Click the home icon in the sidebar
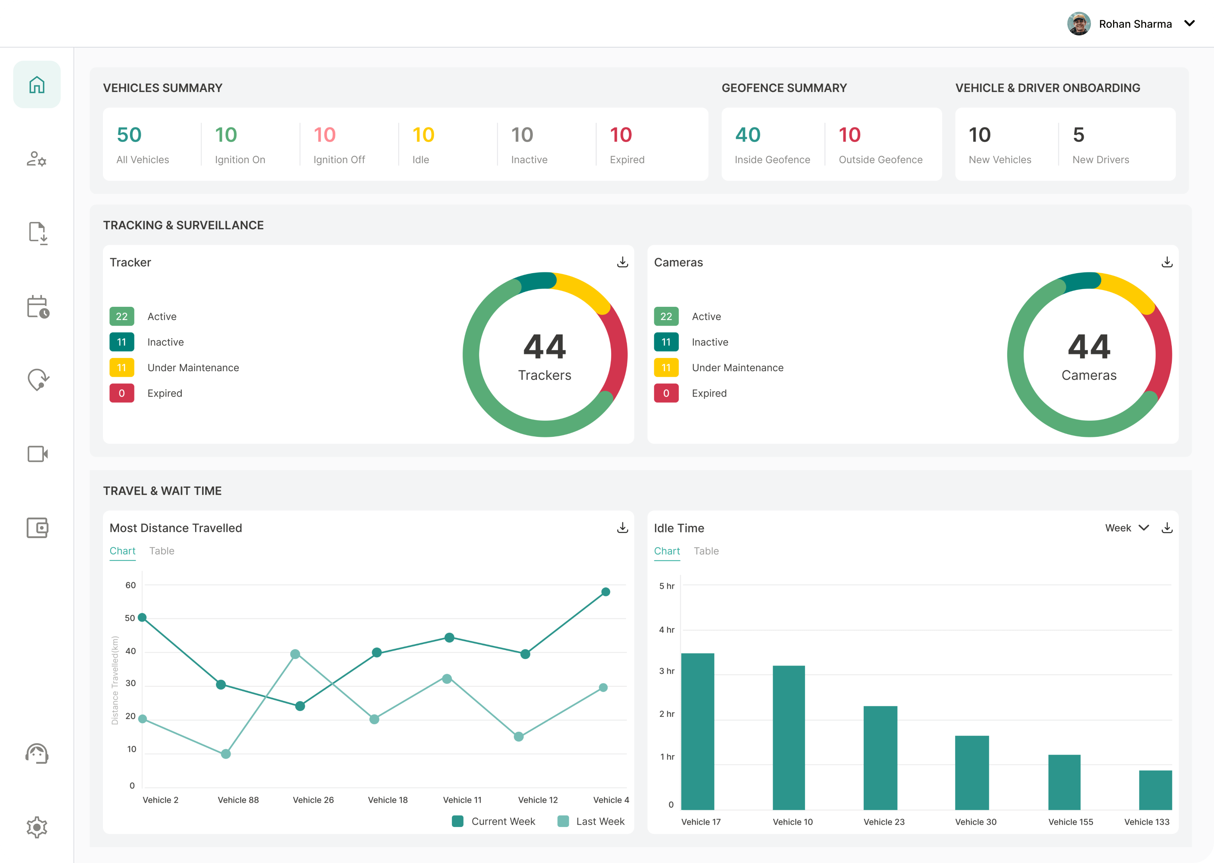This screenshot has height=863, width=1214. click(37, 84)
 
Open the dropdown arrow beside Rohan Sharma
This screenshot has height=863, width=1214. click(1190, 23)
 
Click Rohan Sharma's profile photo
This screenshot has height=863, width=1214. click(1078, 24)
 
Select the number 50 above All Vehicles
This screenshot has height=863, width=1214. click(129, 135)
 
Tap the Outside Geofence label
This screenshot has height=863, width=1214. click(880, 160)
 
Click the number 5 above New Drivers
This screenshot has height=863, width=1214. click(1078, 135)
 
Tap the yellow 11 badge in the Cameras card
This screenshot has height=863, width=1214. click(666, 368)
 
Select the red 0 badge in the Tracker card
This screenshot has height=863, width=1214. click(122, 393)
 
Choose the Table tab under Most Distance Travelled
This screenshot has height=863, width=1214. click(162, 551)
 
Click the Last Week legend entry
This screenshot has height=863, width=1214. click(591, 821)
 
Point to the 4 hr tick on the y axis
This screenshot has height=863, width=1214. click(666, 630)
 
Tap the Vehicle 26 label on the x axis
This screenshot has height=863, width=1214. click(313, 800)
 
